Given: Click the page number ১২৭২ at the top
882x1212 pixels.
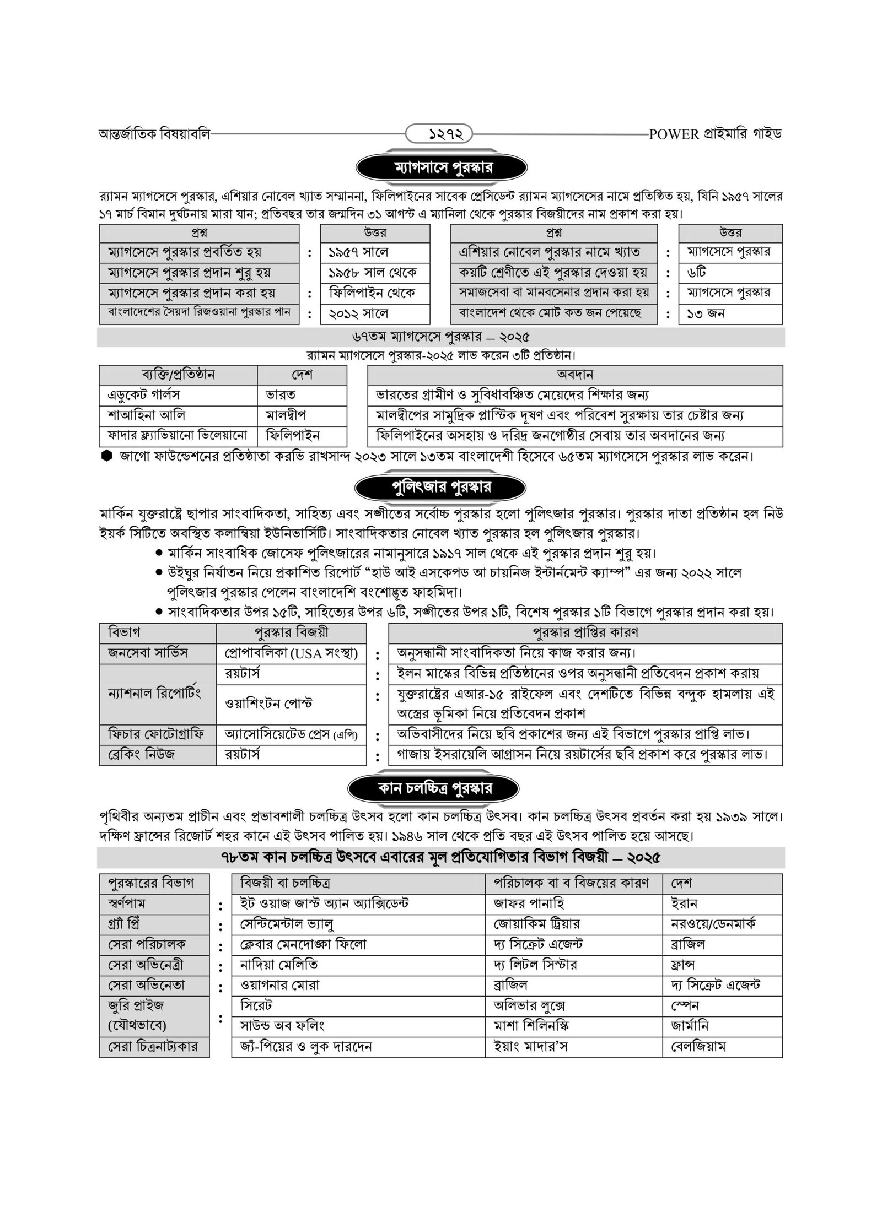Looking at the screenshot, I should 439,134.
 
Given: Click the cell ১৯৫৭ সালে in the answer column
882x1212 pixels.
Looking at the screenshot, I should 359,252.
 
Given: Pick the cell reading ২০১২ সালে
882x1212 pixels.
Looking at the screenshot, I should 359,313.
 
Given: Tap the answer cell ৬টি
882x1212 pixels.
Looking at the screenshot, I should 698,273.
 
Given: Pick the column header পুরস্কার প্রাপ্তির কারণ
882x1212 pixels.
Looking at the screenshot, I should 585,632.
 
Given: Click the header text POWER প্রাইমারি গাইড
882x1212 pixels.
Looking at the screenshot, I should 716,134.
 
